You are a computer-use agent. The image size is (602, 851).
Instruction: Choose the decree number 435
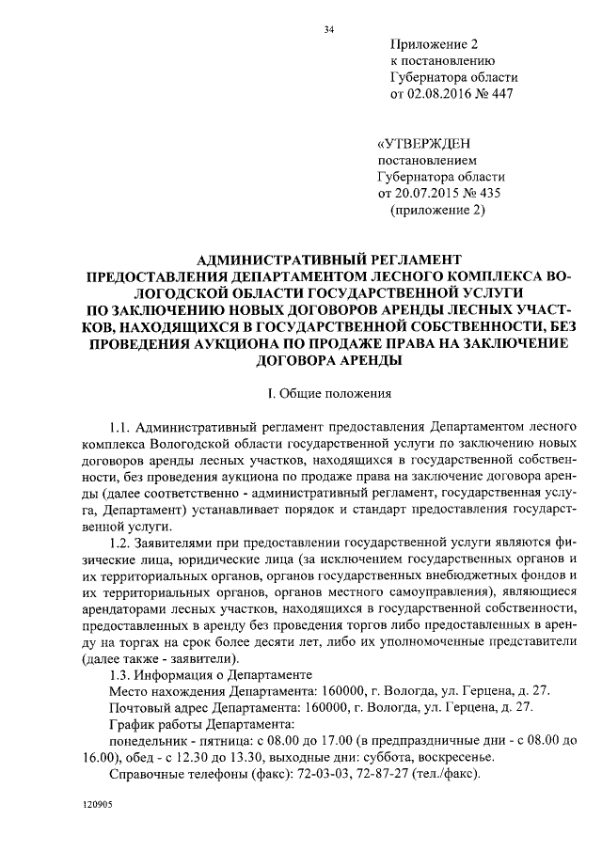pyautogui.click(x=491, y=194)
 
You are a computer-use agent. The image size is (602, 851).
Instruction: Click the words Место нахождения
pyautogui.click(x=155, y=693)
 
